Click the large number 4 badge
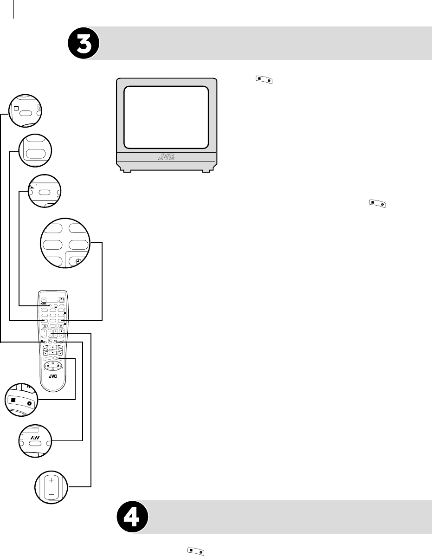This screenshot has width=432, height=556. click(132, 517)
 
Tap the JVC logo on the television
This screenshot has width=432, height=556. click(166, 157)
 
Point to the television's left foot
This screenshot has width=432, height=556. click(125, 171)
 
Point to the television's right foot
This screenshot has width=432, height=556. click(205, 171)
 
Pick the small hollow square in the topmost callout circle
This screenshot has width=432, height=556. click(15, 108)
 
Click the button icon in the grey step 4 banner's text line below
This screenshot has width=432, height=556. click(195, 551)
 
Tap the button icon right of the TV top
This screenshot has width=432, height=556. click(263, 80)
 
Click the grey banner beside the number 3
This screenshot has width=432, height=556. click(264, 43)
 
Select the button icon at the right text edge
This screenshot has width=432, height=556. click(377, 202)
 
